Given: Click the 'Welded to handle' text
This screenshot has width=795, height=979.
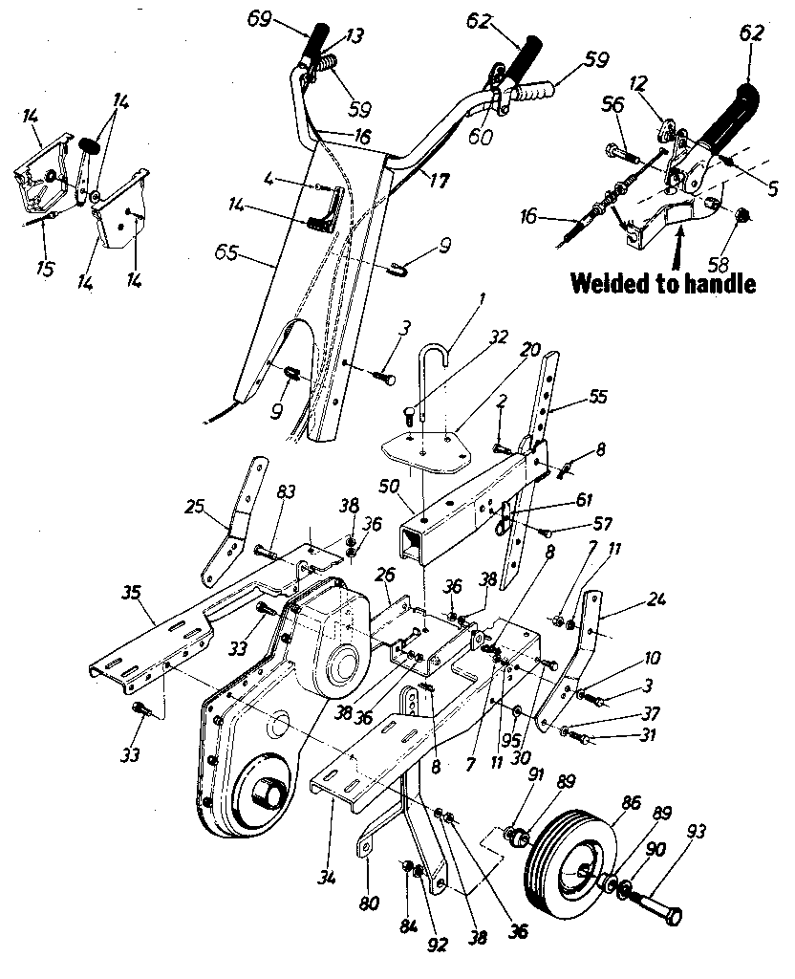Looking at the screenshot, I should pos(663,284).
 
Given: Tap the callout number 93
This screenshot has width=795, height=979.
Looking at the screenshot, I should pos(696,833).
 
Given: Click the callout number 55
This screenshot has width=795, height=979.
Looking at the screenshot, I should pos(599,395).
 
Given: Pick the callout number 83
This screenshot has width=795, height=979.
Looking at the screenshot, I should pos(286,492).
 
